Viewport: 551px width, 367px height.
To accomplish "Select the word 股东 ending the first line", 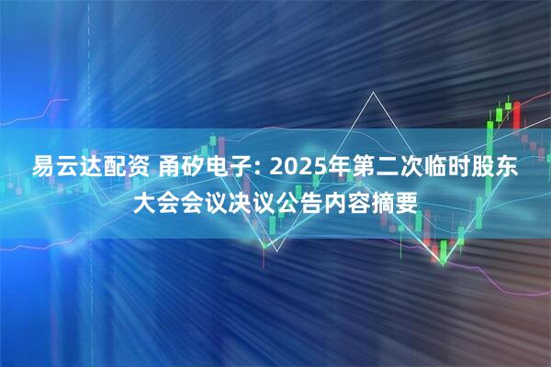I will pos(501,170).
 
